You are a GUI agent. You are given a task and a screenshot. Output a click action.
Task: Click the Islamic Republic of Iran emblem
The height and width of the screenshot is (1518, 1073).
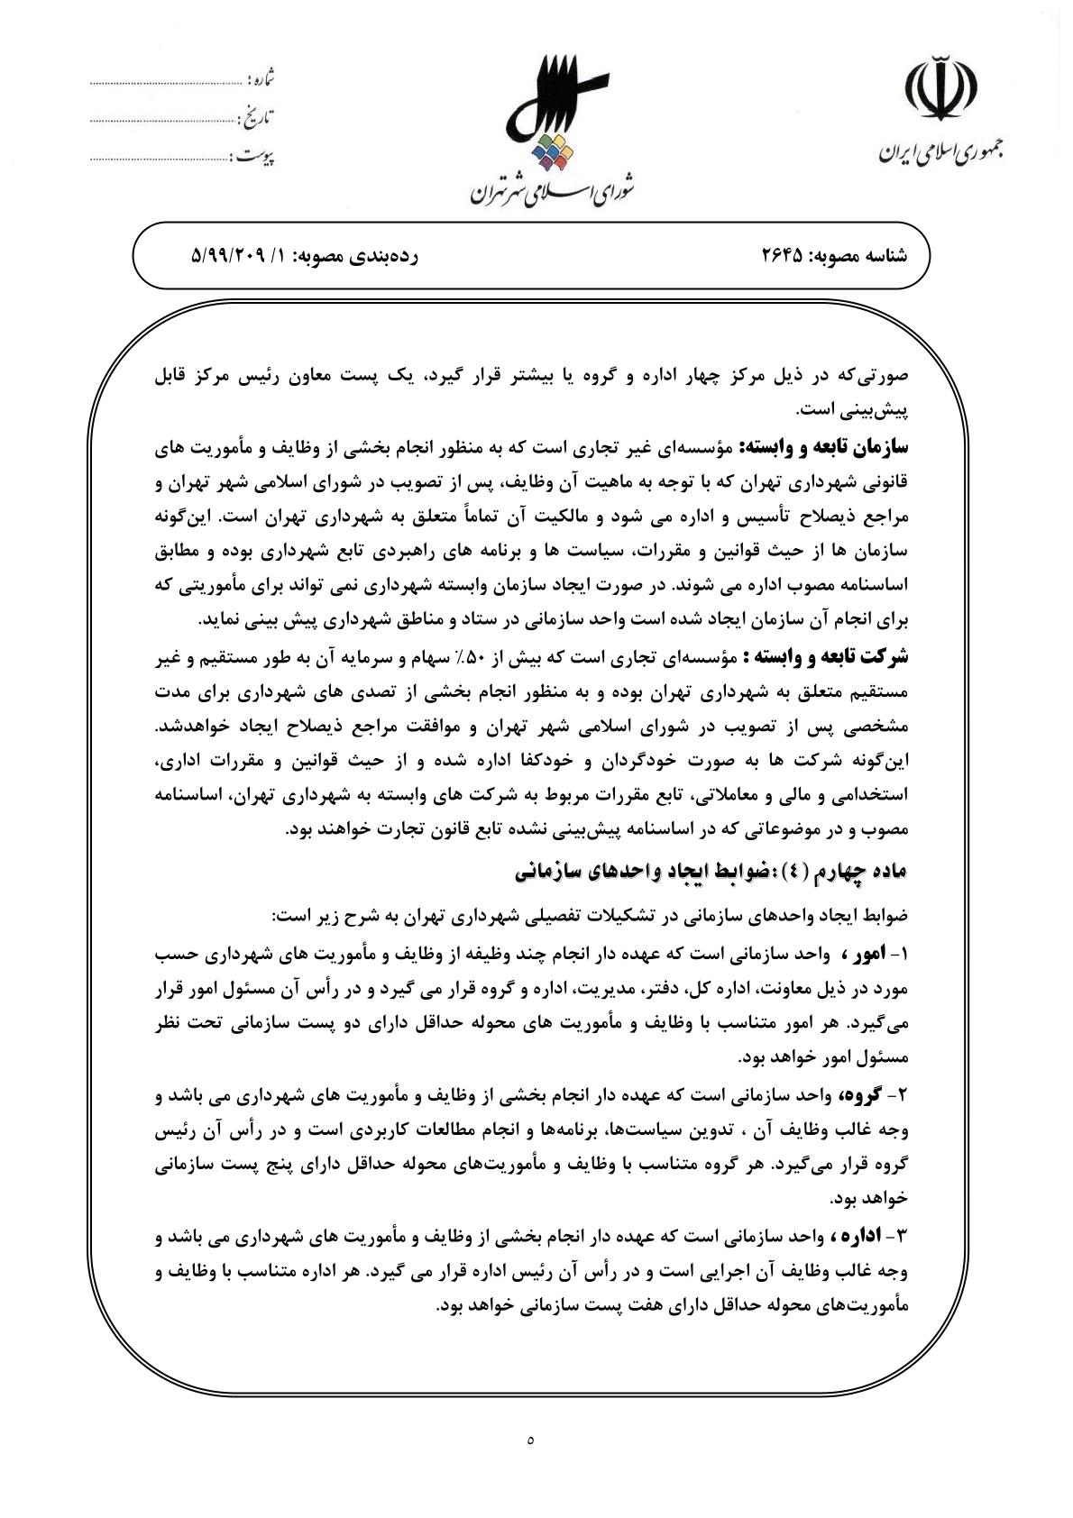(x=943, y=91)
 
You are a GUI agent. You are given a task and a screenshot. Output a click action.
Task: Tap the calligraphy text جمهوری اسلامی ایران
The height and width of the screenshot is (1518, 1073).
(x=943, y=152)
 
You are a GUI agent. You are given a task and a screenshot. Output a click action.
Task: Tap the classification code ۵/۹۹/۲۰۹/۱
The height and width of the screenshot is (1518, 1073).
(x=237, y=256)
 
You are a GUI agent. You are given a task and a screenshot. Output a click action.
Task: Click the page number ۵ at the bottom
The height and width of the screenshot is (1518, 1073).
(x=531, y=1440)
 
